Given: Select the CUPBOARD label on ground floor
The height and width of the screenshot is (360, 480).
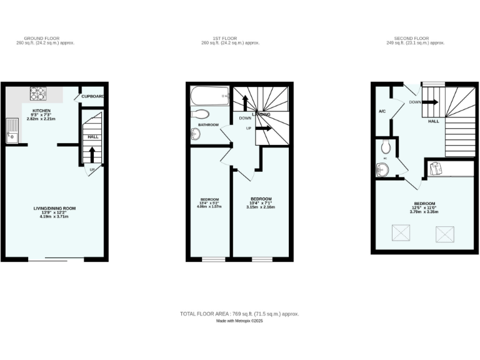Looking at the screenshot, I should tap(92, 96).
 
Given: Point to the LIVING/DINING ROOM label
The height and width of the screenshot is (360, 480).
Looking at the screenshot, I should tap(54, 208).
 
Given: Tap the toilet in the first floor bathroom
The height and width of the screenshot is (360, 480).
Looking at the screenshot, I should tap(201, 114).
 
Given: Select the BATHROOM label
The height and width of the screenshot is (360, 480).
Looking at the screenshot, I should tap(209, 125).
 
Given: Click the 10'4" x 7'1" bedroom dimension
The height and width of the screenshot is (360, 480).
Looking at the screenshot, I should tap(262, 204).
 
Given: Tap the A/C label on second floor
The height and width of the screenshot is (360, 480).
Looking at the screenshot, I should tap(381, 111).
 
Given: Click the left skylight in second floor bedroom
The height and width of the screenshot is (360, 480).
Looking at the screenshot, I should tap(399, 233).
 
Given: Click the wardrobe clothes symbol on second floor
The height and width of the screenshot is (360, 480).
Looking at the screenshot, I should tap(435, 167).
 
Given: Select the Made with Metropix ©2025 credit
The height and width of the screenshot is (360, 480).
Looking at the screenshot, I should tap(240, 321).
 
